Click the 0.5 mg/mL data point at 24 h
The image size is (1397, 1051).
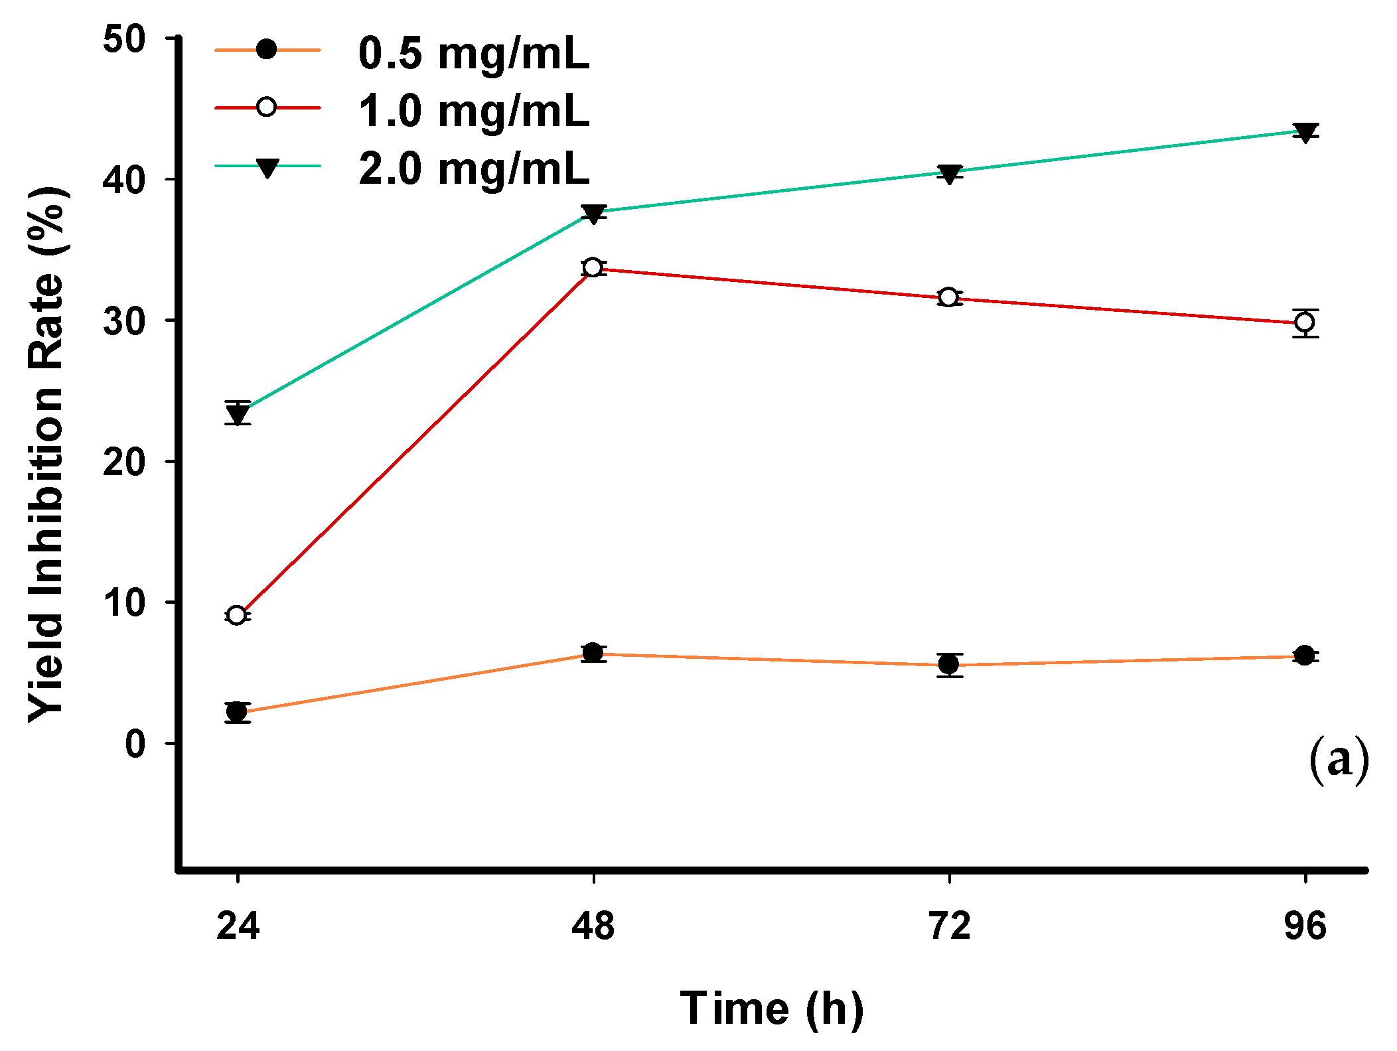pyautogui.click(x=237, y=712)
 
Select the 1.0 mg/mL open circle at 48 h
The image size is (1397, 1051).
pyautogui.click(x=593, y=267)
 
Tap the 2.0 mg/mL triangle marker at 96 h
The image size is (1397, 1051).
pyautogui.click(x=1305, y=133)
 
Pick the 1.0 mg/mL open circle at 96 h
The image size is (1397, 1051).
pyautogui.click(x=1305, y=322)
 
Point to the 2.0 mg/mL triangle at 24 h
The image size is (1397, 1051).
pyautogui.click(x=238, y=415)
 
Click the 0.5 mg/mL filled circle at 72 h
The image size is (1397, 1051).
pyautogui.click(x=949, y=664)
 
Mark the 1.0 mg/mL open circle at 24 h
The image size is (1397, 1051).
pyautogui.click(x=236, y=615)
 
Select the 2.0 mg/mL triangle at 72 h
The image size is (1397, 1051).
pyautogui.click(x=950, y=175)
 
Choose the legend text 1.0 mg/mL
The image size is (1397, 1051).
pyautogui.click(x=473, y=111)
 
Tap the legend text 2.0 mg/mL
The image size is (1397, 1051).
pyautogui.click(x=473, y=169)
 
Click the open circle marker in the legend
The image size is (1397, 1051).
pyautogui.click(x=266, y=107)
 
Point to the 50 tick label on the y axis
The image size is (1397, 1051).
pyautogui.click(x=124, y=39)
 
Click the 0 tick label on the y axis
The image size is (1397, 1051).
pyautogui.click(x=135, y=744)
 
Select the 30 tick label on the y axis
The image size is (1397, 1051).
pyautogui.click(x=124, y=321)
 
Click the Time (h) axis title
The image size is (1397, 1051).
pyautogui.click(x=772, y=1009)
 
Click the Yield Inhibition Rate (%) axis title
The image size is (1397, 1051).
pyautogui.click(x=46, y=455)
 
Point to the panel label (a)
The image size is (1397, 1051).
pyautogui.click(x=1339, y=760)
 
